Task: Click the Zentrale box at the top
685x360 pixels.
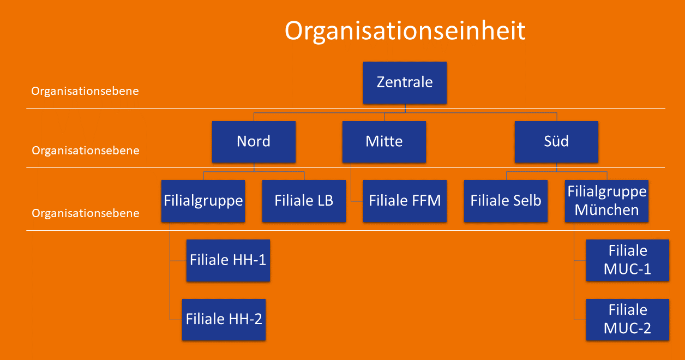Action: coord(405,82)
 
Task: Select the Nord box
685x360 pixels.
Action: coord(254,142)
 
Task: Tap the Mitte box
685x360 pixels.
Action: coord(384,142)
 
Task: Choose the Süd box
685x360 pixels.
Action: coord(556,142)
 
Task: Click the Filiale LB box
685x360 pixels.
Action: coord(304,201)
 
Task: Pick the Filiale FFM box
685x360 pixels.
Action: coord(405,201)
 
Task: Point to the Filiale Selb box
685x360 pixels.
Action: coord(506,201)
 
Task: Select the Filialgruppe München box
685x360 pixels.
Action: coord(606,201)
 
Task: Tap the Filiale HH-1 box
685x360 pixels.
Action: coord(228,260)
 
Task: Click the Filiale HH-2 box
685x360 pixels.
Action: coord(224,320)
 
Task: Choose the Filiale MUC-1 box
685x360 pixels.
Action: coord(628,260)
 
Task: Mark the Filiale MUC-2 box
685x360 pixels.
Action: coord(628,320)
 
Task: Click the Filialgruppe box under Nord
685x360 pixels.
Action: coord(203,201)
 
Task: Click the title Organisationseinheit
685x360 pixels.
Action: coord(405,31)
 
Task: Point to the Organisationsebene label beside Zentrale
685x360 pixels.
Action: coord(85,91)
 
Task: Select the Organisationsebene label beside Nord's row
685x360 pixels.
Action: coord(86,151)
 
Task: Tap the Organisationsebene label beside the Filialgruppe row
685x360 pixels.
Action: coord(86,213)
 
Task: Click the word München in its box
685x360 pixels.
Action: coord(606,210)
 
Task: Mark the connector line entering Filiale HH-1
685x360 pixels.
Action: coord(178,261)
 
